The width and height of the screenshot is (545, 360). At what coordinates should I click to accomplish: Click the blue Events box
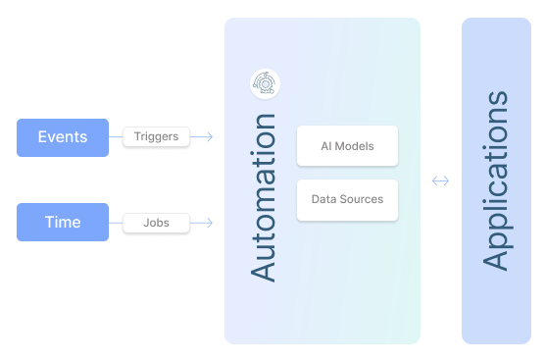[x=62, y=137]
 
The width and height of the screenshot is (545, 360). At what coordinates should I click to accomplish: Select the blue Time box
[x=62, y=223]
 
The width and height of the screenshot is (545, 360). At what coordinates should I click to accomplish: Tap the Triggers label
[x=156, y=137]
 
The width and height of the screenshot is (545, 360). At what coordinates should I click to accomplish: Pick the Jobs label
[x=156, y=223]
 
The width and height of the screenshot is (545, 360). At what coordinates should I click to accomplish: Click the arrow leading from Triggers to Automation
[x=202, y=137]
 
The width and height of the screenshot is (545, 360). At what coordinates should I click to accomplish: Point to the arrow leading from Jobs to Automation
[x=202, y=223]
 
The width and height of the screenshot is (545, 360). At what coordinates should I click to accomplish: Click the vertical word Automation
[x=264, y=197]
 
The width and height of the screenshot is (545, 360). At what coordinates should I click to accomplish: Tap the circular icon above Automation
[x=264, y=84]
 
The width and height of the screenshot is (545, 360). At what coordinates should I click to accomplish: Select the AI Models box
[x=347, y=146]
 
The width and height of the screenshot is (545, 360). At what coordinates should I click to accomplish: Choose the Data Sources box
[x=347, y=199]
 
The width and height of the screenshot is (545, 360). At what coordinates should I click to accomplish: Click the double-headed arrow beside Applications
[x=440, y=180]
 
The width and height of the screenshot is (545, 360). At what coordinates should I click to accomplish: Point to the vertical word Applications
[x=496, y=180]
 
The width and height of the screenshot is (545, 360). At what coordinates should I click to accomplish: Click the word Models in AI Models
[x=355, y=146]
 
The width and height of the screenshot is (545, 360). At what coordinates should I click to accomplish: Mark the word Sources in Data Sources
[x=362, y=199]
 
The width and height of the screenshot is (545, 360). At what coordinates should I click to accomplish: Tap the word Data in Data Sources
[x=323, y=199]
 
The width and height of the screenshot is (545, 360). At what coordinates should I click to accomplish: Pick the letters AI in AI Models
[x=326, y=146]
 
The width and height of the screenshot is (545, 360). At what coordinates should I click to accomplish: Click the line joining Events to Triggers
[x=115, y=137]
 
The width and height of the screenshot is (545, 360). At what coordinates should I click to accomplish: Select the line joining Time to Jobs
[x=115, y=223]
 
